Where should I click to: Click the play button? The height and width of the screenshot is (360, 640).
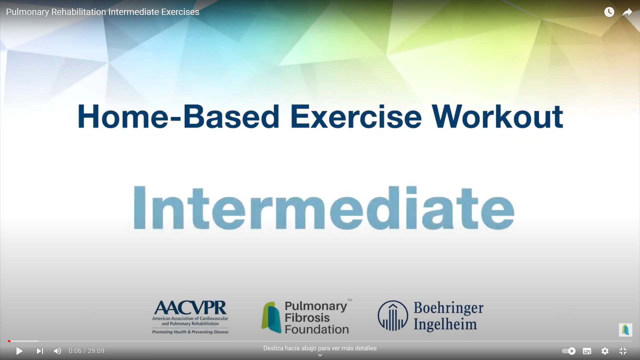[x=19, y=351]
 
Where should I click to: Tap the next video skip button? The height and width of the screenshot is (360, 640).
[x=40, y=351]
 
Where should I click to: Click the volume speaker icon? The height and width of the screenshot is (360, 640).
[x=57, y=351]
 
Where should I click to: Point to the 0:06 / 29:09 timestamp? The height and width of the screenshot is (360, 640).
[x=86, y=351]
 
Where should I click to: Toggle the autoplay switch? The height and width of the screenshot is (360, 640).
[x=569, y=351]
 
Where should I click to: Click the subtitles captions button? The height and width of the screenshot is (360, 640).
[x=587, y=351]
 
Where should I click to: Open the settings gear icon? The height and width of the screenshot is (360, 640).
[x=605, y=351]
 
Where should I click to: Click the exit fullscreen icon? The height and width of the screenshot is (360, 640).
[x=623, y=351]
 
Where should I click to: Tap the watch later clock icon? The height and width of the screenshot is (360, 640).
[x=609, y=12]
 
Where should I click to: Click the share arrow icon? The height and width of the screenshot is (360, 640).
[x=627, y=12]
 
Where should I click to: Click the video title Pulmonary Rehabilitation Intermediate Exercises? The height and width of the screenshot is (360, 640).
[x=103, y=12]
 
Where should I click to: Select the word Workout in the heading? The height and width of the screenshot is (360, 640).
[x=497, y=117]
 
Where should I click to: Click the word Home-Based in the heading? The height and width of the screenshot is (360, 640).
[x=178, y=117]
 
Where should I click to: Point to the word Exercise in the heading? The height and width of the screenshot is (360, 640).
[x=356, y=117]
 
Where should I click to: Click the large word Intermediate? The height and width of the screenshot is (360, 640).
[x=324, y=208]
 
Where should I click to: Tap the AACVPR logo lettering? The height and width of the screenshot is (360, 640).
[x=190, y=307]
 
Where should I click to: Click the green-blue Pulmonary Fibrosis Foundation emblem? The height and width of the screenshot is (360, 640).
[x=271, y=317]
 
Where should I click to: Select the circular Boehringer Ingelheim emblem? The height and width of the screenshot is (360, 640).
[x=393, y=316]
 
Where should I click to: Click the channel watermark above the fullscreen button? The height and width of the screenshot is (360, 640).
[x=626, y=330]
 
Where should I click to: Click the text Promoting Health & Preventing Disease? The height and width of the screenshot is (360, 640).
[x=190, y=332]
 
